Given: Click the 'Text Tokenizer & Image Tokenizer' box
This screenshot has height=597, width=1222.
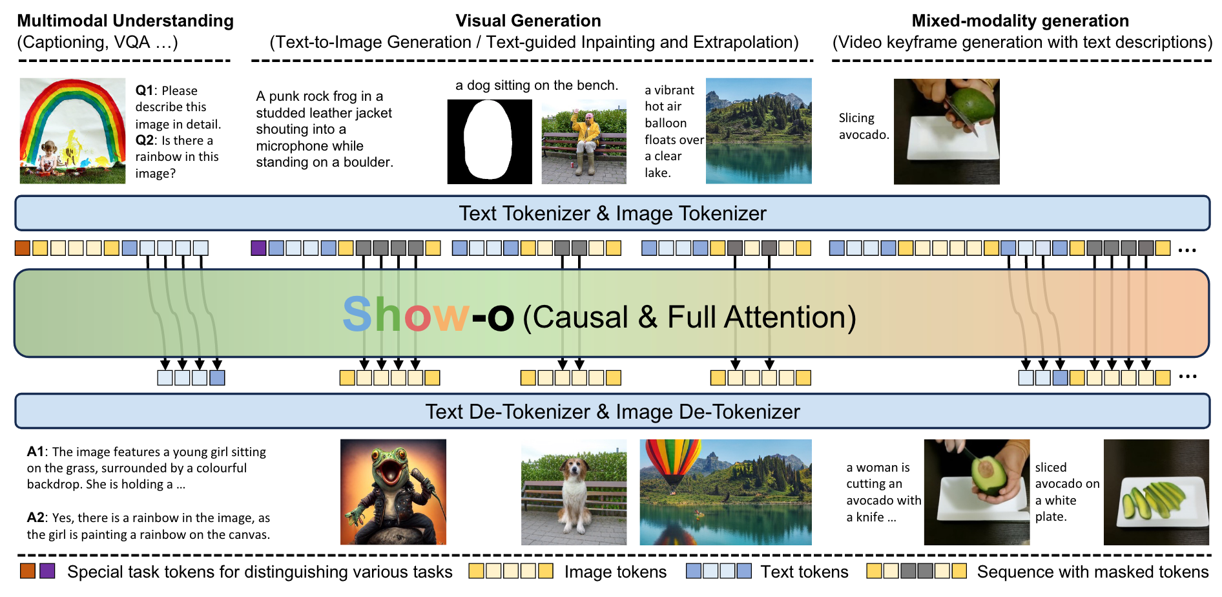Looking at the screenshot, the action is coord(612,213).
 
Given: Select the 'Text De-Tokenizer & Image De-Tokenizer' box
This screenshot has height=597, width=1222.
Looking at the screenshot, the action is coord(612,411).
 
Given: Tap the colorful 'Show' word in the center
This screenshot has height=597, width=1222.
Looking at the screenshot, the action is coord(406,315).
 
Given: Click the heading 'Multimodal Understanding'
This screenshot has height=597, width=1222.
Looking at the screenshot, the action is coord(125,21).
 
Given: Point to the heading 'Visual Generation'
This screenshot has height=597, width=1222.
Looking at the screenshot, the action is coord(528,21).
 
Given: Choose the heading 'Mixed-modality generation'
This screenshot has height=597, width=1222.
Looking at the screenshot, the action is coord(1020,21).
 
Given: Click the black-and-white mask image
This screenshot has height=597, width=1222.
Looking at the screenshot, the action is coord(490,141).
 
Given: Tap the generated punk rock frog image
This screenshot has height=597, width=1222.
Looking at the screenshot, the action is coord(393,492).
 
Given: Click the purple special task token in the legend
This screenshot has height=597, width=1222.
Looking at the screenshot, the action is coord(47,571).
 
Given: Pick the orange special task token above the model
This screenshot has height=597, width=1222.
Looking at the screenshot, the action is coord(23,247).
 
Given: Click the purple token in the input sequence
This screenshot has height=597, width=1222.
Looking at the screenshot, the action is coord(258,247).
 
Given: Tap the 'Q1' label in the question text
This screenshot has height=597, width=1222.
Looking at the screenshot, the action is coord(145,90).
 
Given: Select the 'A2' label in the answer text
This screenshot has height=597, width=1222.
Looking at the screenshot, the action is coord(36,518).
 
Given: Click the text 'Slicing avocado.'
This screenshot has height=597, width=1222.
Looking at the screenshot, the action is coord(864,126).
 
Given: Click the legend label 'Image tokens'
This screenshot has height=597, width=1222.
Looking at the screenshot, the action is coord(616,572).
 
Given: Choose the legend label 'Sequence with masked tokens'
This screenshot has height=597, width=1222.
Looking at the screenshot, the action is coord(1093,572).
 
